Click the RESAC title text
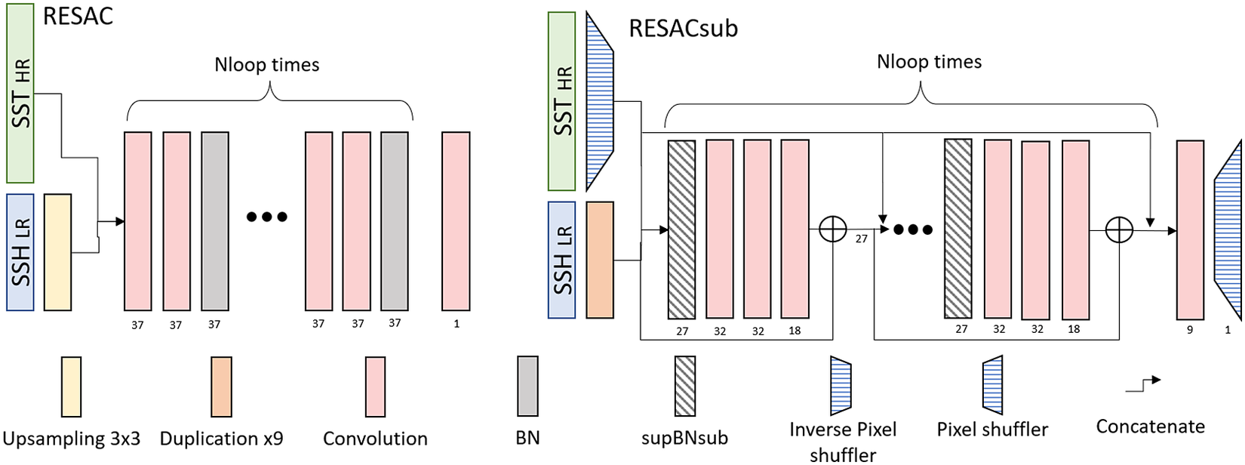(x=78, y=16)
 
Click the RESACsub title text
(x=683, y=29)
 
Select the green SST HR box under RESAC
(x=20, y=93)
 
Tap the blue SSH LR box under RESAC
(x=20, y=252)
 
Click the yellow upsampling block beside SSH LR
(x=58, y=252)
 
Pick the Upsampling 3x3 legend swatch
(x=72, y=386)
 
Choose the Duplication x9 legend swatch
(x=222, y=386)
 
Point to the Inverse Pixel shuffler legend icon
(x=841, y=386)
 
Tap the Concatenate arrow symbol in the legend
(x=1143, y=385)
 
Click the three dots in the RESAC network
(x=267, y=217)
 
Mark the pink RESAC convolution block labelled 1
(x=456, y=221)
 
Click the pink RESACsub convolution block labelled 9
(x=1190, y=229)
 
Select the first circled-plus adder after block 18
(x=832, y=229)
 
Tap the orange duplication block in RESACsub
(x=600, y=260)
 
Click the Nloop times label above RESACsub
(x=929, y=62)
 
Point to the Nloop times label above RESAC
(x=266, y=65)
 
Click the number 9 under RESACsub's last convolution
(x=1190, y=330)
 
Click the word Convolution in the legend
(x=375, y=439)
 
